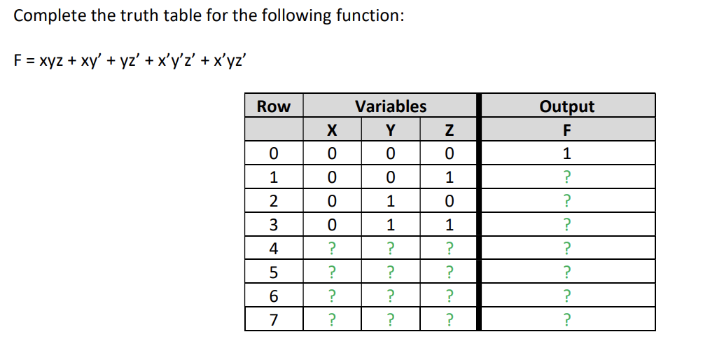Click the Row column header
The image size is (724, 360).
click(x=273, y=106)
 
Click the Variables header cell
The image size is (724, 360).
click(x=391, y=106)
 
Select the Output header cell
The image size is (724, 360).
click(x=566, y=106)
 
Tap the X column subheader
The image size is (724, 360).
click(x=332, y=130)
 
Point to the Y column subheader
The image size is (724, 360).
click(x=391, y=130)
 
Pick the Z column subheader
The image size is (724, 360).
click(x=450, y=130)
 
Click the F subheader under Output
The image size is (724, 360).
click(x=566, y=130)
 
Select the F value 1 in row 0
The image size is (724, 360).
click(x=566, y=153)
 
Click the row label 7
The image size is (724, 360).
click(x=273, y=320)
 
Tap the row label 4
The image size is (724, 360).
click(x=273, y=249)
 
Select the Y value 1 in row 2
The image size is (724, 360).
click(x=391, y=201)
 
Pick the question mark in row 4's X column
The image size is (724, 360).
click(x=332, y=249)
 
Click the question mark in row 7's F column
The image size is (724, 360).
click(x=566, y=320)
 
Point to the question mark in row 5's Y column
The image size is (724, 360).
click(x=391, y=272)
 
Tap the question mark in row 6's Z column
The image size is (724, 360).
click(x=450, y=296)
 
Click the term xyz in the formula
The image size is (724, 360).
click(x=53, y=61)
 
